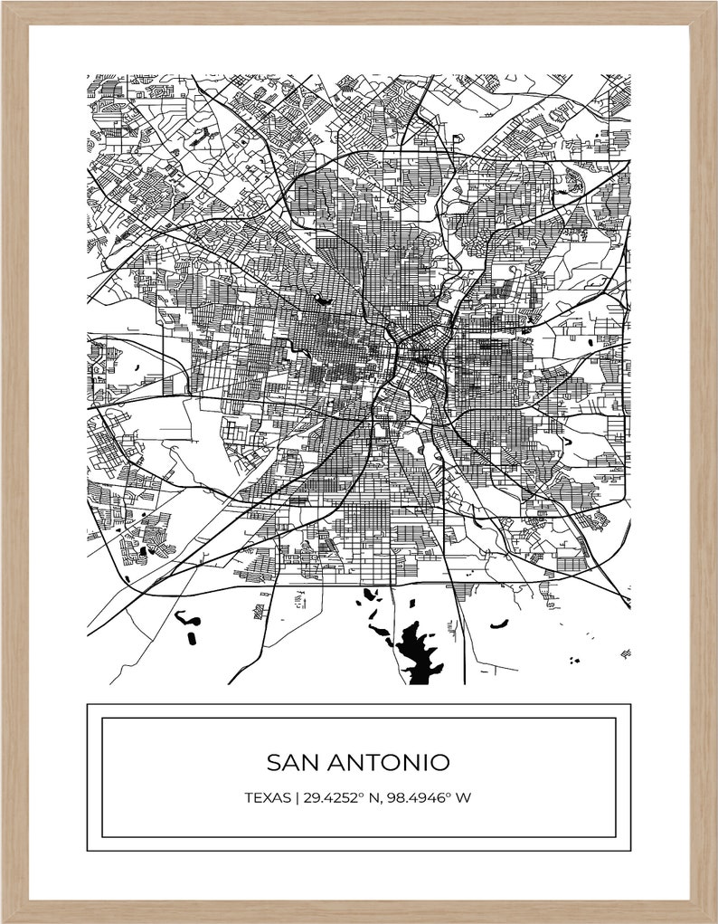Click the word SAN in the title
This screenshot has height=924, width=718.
click(288, 762)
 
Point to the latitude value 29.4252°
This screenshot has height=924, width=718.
click(331, 798)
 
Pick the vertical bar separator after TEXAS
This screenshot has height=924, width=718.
click(293, 798)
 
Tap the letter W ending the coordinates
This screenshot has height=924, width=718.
click(465, 798)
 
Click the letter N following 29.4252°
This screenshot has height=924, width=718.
click(371, 798)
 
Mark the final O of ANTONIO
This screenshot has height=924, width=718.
click(439, 762)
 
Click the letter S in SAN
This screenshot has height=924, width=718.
click(273, 762)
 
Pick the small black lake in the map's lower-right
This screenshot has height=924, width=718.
click(498, 623)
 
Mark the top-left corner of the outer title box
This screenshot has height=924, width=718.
click(88, 704)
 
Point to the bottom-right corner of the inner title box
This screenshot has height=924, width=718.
click(616, 837)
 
